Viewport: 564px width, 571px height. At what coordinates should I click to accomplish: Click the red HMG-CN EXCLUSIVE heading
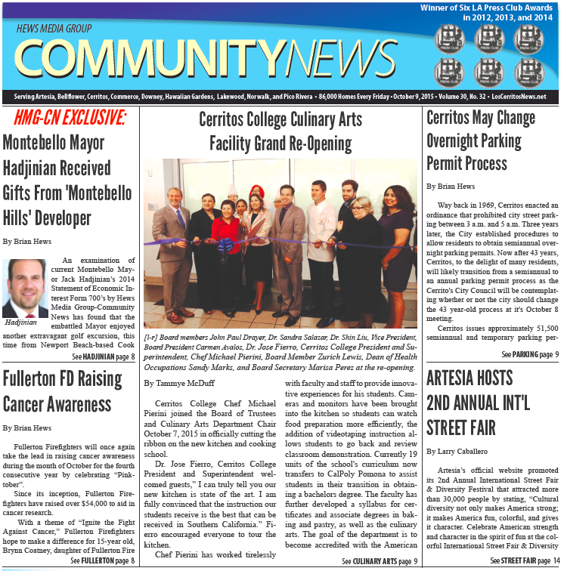pos(64,119)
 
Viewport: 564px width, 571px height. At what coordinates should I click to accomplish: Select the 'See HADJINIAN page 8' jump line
pos(104,356)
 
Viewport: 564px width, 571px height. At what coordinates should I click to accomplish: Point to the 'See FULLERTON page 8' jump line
pos(103,560)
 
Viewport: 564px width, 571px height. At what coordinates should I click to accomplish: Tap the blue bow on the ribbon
pos(225,245)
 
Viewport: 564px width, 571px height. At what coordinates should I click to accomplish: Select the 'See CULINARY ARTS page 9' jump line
pos(378,561)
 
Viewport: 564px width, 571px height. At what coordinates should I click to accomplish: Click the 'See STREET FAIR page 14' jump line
pos(525,561)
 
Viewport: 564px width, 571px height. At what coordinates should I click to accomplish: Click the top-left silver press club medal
pos(448,38)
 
